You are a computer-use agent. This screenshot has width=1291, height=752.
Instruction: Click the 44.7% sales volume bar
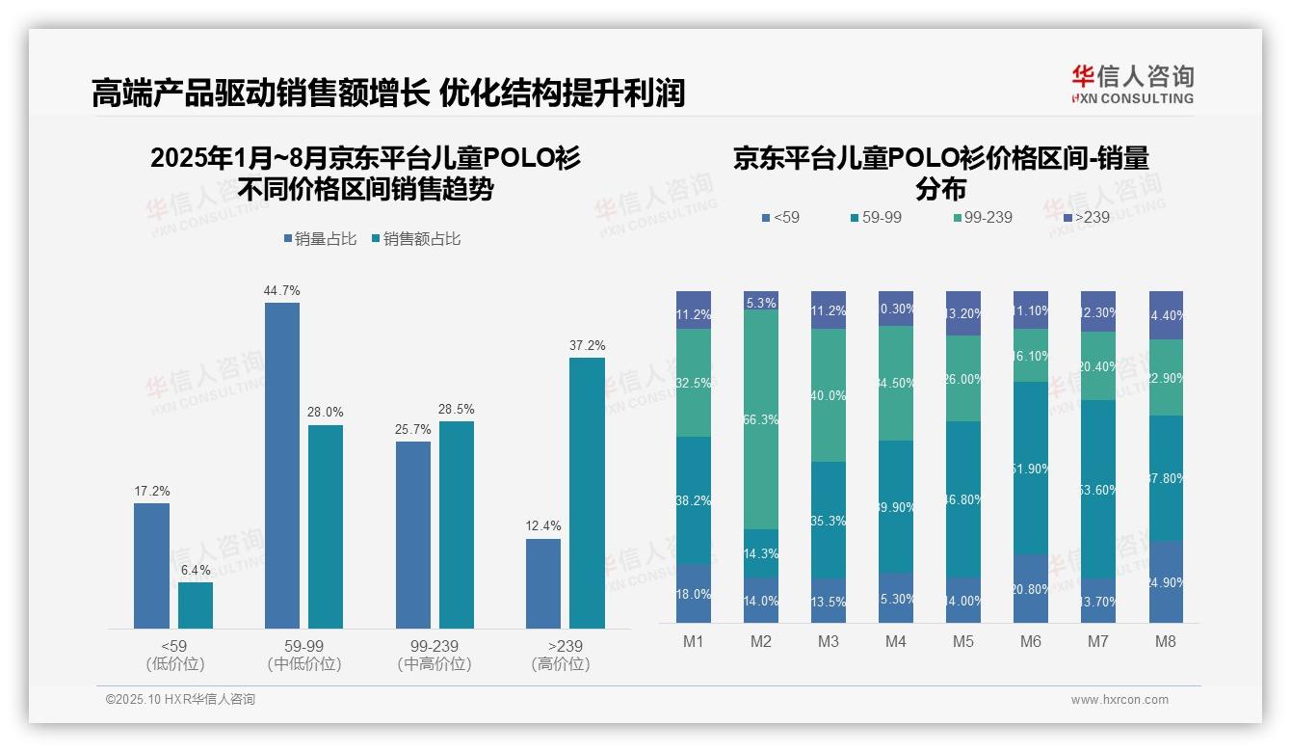click(281, 465)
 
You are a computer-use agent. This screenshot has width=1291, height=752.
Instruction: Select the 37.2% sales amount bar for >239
click(587, 493)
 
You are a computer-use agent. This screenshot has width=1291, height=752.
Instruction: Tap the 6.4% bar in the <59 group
click(196, 605)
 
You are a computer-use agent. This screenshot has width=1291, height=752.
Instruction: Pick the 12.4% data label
click(543, 526)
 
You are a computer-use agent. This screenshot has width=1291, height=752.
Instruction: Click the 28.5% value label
click(457, 409)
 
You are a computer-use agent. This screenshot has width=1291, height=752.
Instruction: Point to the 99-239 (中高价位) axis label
click(435, 655)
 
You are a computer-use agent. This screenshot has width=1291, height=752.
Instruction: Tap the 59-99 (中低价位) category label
click(304, 655)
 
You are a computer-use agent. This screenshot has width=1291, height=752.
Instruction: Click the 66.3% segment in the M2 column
click(761, 419)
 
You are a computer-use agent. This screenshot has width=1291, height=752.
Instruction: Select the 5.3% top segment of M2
click(761, 301)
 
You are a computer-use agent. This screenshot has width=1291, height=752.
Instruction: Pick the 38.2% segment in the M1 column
click(694, 500)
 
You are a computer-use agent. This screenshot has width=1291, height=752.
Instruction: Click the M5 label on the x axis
click(963, 641)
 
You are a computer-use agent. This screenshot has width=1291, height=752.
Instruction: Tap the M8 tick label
click(1166, 641)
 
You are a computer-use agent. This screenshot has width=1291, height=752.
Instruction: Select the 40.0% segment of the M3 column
click(829, 395)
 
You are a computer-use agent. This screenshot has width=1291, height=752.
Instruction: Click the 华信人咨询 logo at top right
click(1133, 84)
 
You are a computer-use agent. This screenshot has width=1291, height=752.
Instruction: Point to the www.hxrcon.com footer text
click(1120, 700)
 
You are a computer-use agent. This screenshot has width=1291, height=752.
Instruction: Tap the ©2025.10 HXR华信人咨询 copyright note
click(181, 700)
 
